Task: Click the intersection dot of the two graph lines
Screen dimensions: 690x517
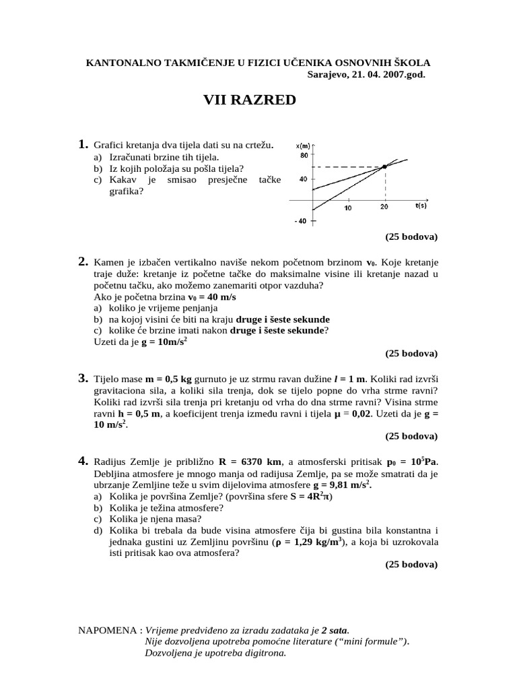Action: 384,166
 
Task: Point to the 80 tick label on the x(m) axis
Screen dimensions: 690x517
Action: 303,155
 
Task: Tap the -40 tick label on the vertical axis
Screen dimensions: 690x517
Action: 301,222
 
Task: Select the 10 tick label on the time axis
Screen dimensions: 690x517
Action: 348,208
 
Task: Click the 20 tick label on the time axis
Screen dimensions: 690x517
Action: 384,208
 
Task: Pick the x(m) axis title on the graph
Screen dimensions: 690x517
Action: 303,145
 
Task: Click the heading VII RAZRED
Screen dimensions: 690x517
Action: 249,101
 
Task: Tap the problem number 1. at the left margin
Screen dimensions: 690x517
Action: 83,144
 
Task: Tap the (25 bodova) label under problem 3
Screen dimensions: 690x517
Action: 411,436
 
